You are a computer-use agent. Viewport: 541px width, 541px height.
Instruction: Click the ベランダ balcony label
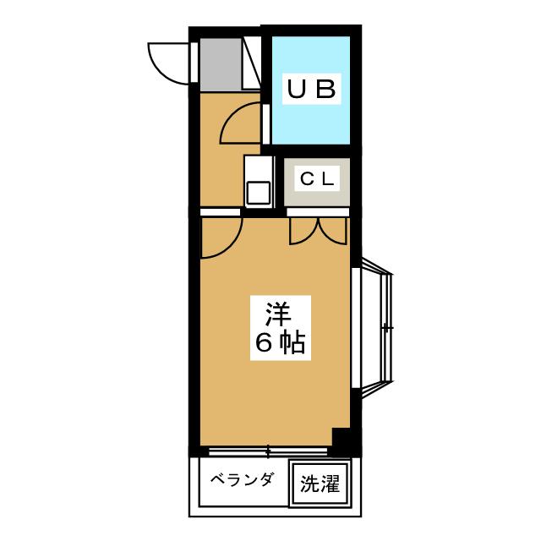(242, 480)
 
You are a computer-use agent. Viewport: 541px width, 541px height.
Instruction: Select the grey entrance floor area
(221, 63)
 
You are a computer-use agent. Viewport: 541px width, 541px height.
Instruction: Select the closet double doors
(318, 230)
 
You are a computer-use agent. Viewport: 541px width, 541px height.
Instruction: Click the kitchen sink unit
(258, 180)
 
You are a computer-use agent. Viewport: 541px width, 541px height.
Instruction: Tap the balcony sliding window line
(267, 450)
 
